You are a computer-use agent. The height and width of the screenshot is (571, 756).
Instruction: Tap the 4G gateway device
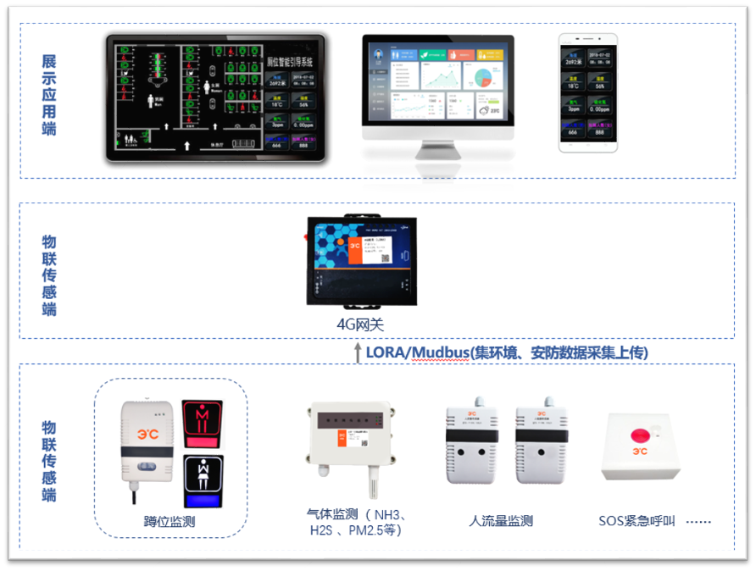point(362,262)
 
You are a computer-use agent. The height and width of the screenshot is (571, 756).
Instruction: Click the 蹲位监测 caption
point(170,521)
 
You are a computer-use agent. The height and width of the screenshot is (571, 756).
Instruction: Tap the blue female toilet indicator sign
point(203,480)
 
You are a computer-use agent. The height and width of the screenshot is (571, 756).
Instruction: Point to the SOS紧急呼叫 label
point(636,521)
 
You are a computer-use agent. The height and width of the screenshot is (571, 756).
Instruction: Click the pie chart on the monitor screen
point(483,78)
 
